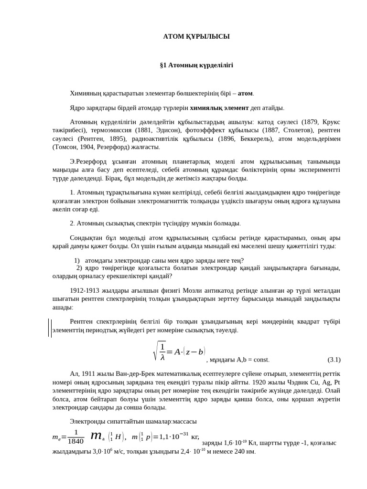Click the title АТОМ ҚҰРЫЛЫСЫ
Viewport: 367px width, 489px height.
point(196,37)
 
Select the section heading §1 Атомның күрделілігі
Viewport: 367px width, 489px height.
point(196,65)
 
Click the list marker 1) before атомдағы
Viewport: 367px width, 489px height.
point(77,261)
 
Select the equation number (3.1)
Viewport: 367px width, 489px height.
point(334,360)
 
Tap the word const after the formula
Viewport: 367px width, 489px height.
point(261,360)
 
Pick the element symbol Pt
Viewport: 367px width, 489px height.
point(337,382)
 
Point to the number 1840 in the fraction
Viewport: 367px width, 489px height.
point(76,441)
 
